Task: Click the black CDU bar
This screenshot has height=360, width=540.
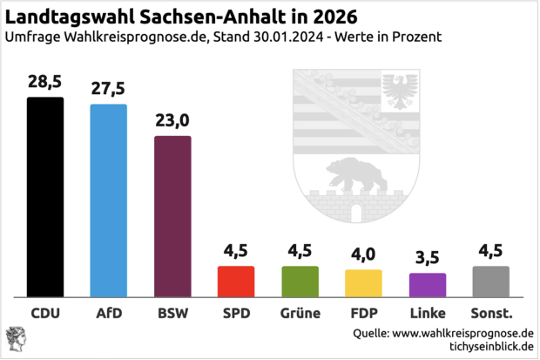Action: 45,197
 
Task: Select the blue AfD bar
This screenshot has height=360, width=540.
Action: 109,201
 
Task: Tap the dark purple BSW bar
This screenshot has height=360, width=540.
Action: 172,217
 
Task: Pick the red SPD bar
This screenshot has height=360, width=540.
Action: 236,282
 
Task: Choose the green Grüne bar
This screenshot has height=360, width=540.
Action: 300,282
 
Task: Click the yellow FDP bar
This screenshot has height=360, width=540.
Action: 363,283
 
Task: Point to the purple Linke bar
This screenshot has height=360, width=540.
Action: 428,285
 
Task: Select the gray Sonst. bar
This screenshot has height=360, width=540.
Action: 491,282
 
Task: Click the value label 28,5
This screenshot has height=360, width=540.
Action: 45,83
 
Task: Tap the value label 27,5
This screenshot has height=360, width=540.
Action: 109,89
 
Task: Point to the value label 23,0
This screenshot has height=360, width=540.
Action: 172,121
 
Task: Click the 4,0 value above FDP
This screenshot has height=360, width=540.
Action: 363,255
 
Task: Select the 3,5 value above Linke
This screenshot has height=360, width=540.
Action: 428,259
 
